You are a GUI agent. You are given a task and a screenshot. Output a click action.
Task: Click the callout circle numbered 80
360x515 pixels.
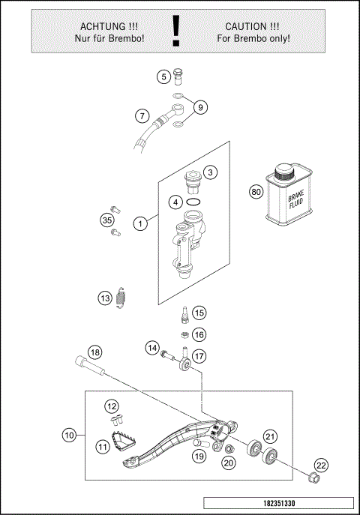(x=256, y=191)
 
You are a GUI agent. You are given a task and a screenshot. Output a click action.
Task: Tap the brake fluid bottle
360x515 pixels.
(x=287, y=195)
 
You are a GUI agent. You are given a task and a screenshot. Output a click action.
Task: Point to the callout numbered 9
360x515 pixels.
(x=199, y=108)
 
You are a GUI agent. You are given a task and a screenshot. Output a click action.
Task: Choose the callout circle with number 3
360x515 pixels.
(x=211, y=172)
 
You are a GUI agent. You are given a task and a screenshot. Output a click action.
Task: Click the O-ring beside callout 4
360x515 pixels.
(x=193, y=201)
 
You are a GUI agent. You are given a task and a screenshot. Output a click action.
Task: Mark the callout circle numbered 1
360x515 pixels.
(x=139, y=223)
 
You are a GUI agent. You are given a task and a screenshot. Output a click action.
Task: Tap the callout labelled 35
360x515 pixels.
(x=106, y=220)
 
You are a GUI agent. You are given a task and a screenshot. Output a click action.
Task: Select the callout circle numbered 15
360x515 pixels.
(x=199, y=313)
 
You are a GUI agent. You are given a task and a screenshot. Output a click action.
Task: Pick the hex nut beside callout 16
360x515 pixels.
(x=183, y=334)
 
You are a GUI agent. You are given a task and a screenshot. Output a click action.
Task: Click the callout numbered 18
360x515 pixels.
(x=94, y=352)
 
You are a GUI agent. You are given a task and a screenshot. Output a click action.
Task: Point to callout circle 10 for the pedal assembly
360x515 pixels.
(x=69, y=434)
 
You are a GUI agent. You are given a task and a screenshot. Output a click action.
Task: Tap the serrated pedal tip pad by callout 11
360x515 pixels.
(x=121, y=442)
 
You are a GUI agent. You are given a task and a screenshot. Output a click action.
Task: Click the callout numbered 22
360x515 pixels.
(x=321, y=466)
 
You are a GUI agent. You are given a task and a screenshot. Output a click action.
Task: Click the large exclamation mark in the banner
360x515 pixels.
(x=176, y=29)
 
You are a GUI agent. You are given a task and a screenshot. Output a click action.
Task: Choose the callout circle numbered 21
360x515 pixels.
(x=270, y=436)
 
